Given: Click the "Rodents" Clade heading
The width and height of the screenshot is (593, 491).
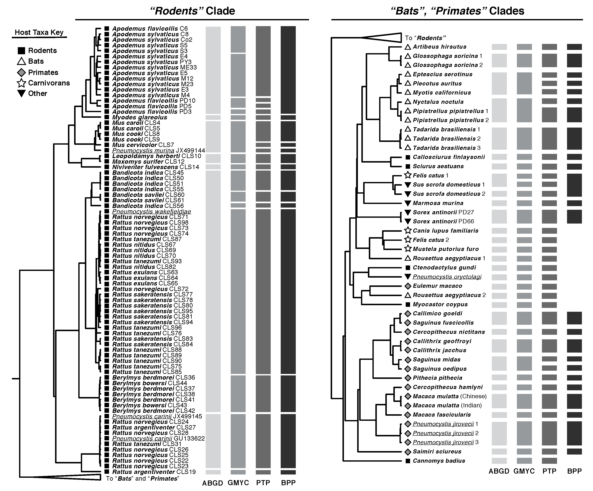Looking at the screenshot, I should pyautogui.click(x=192, y=11).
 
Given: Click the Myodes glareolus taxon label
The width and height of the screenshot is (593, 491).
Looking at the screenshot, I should pyautogui.click(x=140, y=117).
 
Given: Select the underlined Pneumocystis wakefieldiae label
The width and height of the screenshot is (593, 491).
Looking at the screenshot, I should pyautogui.click(x=151, y=212).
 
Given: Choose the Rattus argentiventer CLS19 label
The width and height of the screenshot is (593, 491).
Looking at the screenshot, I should pyautogui.click(x=154, y=472).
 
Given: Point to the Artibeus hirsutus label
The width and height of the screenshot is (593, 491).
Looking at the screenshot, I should pyautogui.click(x=439, y=47).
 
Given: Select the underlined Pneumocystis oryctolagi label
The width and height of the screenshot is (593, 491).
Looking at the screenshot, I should pyautogui.click(x=447, y=277).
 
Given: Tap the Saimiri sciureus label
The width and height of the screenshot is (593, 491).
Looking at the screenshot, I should pyautogui.click(x=437, y=451).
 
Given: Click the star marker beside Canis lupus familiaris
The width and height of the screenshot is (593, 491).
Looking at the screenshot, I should pyautogui.click(x=408, y=231).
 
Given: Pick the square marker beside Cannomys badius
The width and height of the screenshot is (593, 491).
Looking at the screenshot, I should pyautogui.click(x=408, y=461).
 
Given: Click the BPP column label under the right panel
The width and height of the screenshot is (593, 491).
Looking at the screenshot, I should pyautogui.click(x=574, y=471).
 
